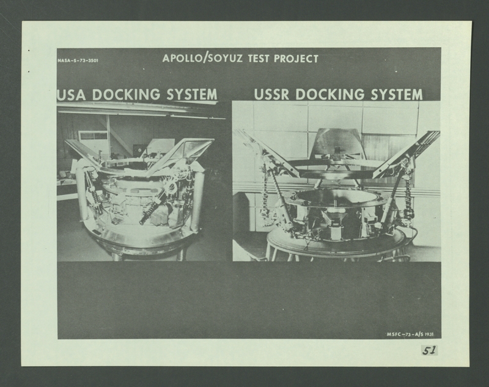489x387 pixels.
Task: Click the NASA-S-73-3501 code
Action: (x=78, y=60)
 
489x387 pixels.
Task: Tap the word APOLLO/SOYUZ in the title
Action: (x=202, y=58)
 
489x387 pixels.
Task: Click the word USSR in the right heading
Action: (x=271, y=95)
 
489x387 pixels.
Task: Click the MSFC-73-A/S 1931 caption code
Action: (x=410, y=334)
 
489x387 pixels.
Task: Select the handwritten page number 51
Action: (x=430, y=350)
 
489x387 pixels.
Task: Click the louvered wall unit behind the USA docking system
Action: (x=94, y=137)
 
